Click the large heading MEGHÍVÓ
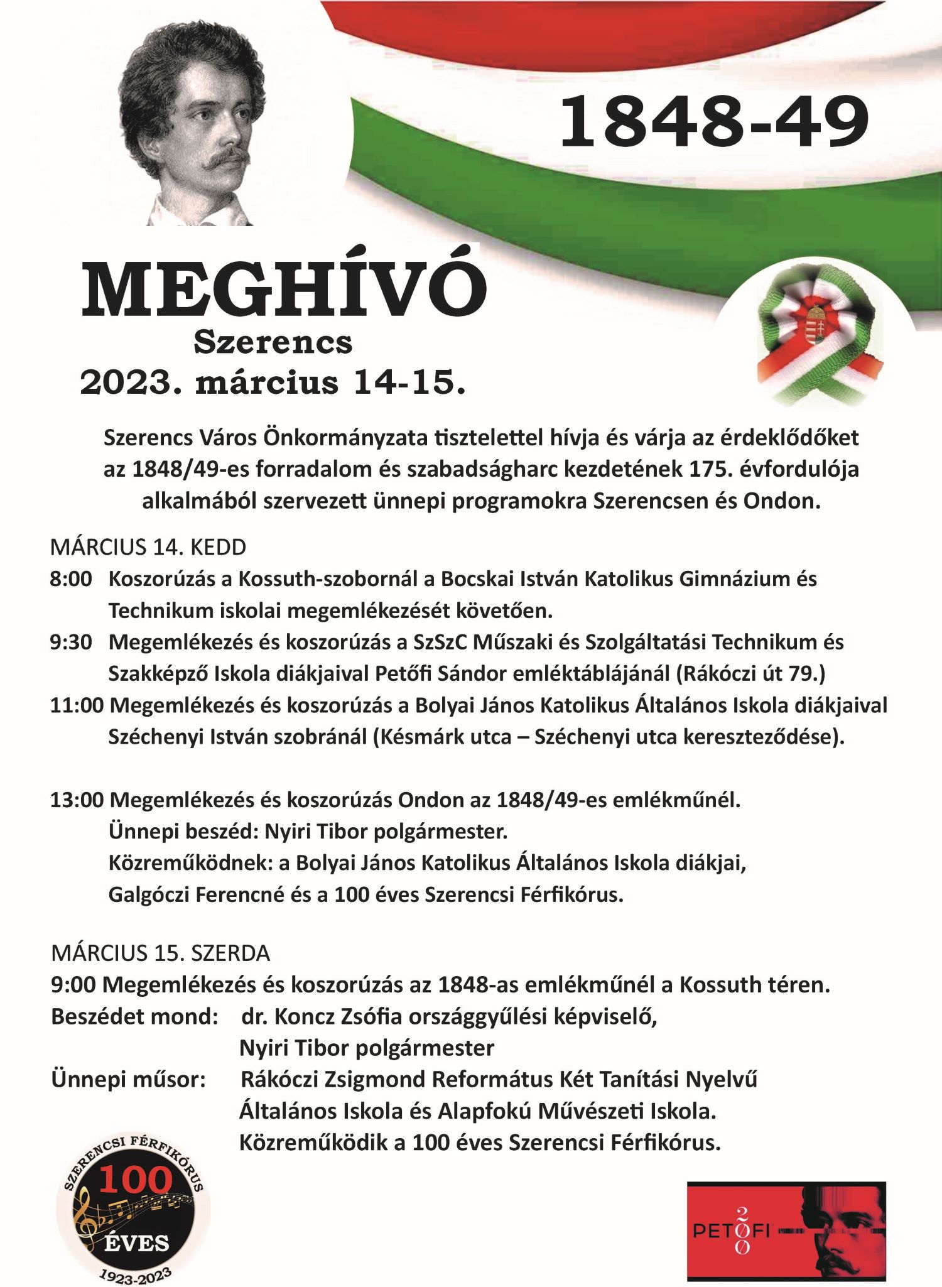pos(284,290)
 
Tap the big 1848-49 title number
pos(714,122)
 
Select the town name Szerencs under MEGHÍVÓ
pos(273,343)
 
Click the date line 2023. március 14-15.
pos(273,383)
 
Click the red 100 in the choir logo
pos(135,1179)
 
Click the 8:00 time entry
pos(71,578)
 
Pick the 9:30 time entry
pos(71,642)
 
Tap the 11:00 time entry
pos(77,705)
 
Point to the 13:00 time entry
pos(77,800)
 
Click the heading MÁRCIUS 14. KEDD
pos(148,547)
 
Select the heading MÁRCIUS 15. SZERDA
pos(161,953)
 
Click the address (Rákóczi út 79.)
pos(750,673)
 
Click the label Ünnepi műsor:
pos(129,1079)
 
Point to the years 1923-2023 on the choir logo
pos(135,1269)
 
